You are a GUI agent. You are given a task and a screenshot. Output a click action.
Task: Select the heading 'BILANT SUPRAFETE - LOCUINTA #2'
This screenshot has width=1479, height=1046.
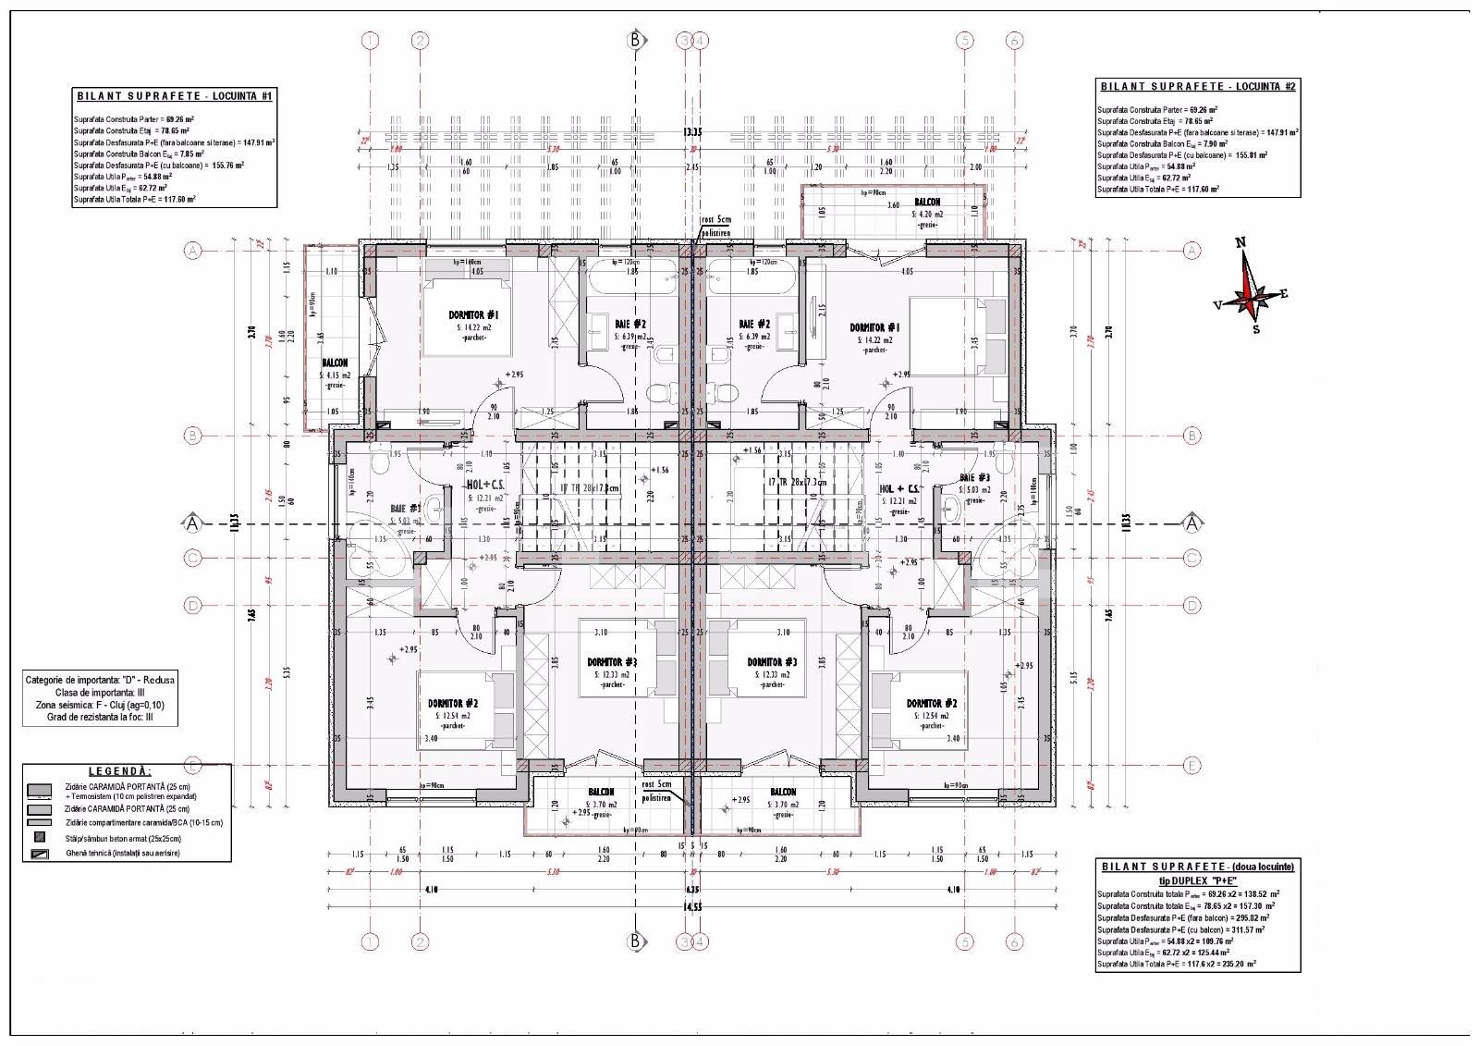(1198, 86)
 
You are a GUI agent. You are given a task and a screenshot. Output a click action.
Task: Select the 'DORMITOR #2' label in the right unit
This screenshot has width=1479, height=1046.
(931, 703)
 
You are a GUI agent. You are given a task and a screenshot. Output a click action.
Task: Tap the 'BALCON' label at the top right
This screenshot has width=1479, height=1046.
(927, 202)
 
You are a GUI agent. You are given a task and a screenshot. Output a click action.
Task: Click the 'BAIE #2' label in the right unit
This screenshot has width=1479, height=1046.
(754, 325)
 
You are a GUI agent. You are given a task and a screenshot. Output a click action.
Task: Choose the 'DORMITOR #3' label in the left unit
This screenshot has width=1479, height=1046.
(612, 662)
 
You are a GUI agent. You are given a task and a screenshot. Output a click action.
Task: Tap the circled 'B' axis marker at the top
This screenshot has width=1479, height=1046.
(635, 40)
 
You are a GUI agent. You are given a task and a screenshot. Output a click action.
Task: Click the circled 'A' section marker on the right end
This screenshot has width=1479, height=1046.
(1192, 523)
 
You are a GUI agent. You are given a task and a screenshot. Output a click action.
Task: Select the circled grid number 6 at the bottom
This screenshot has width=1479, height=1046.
(1014, 941)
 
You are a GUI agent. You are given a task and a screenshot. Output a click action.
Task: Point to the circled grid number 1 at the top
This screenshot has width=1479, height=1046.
(371, 41)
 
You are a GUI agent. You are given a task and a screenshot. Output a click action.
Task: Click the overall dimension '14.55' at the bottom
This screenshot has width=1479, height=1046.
(691, 906)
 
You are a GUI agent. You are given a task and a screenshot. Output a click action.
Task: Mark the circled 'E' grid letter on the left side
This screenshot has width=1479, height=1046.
(193, 766)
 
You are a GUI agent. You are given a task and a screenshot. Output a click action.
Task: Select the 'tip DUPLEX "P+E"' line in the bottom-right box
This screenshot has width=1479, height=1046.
(1197, 880)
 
